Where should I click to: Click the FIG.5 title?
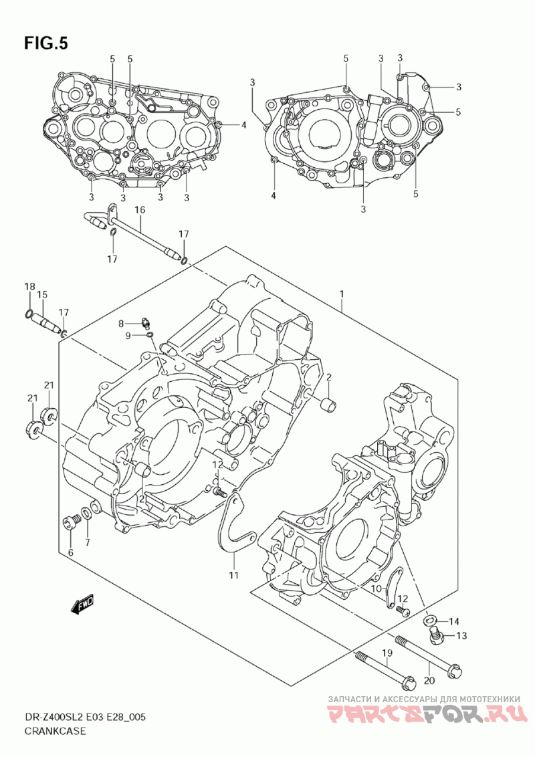pos(46,43)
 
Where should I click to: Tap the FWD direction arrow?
pos(83,605)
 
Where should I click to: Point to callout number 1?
pos(341,294)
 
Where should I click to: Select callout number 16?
pos(140,210)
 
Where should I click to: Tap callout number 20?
pos(429,681)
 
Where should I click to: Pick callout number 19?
pos(387,653)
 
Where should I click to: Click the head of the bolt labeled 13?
pos(437,638)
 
